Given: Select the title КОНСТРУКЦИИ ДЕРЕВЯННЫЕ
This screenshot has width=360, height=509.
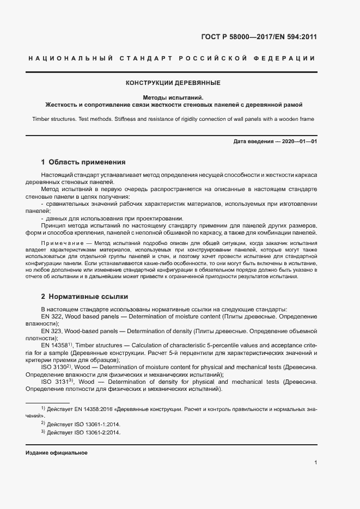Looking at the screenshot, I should click(173, 83).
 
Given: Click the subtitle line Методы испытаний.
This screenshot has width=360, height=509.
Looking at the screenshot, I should click(173, 97).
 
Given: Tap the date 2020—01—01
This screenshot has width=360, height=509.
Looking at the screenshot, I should click(298, 142).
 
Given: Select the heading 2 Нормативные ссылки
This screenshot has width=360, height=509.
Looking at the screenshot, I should click(84, 297).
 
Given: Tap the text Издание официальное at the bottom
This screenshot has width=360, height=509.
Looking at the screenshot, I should click(57, 453).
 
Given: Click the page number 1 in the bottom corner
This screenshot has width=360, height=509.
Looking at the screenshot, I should click(315, 463).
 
